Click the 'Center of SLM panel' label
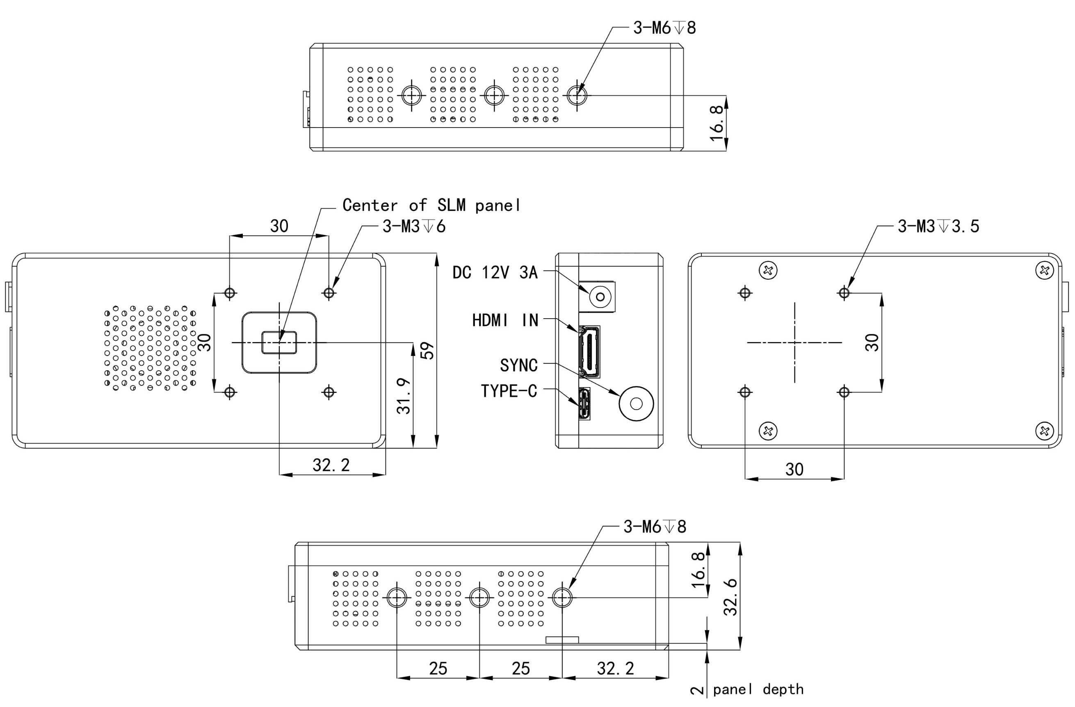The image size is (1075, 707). pos(431,205)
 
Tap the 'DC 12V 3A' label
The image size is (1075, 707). pos(495,272)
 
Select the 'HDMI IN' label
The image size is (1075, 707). pos(505,320)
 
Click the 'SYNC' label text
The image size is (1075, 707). pos(518,365)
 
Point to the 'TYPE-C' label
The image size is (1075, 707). pos(509,391)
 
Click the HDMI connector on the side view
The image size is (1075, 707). pos(589,351)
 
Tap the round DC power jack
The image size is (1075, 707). pos(600,297)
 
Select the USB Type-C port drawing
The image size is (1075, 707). pos(584,404)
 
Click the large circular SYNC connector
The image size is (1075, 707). pos(636,404)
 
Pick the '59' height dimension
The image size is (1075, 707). pos(427,351)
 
